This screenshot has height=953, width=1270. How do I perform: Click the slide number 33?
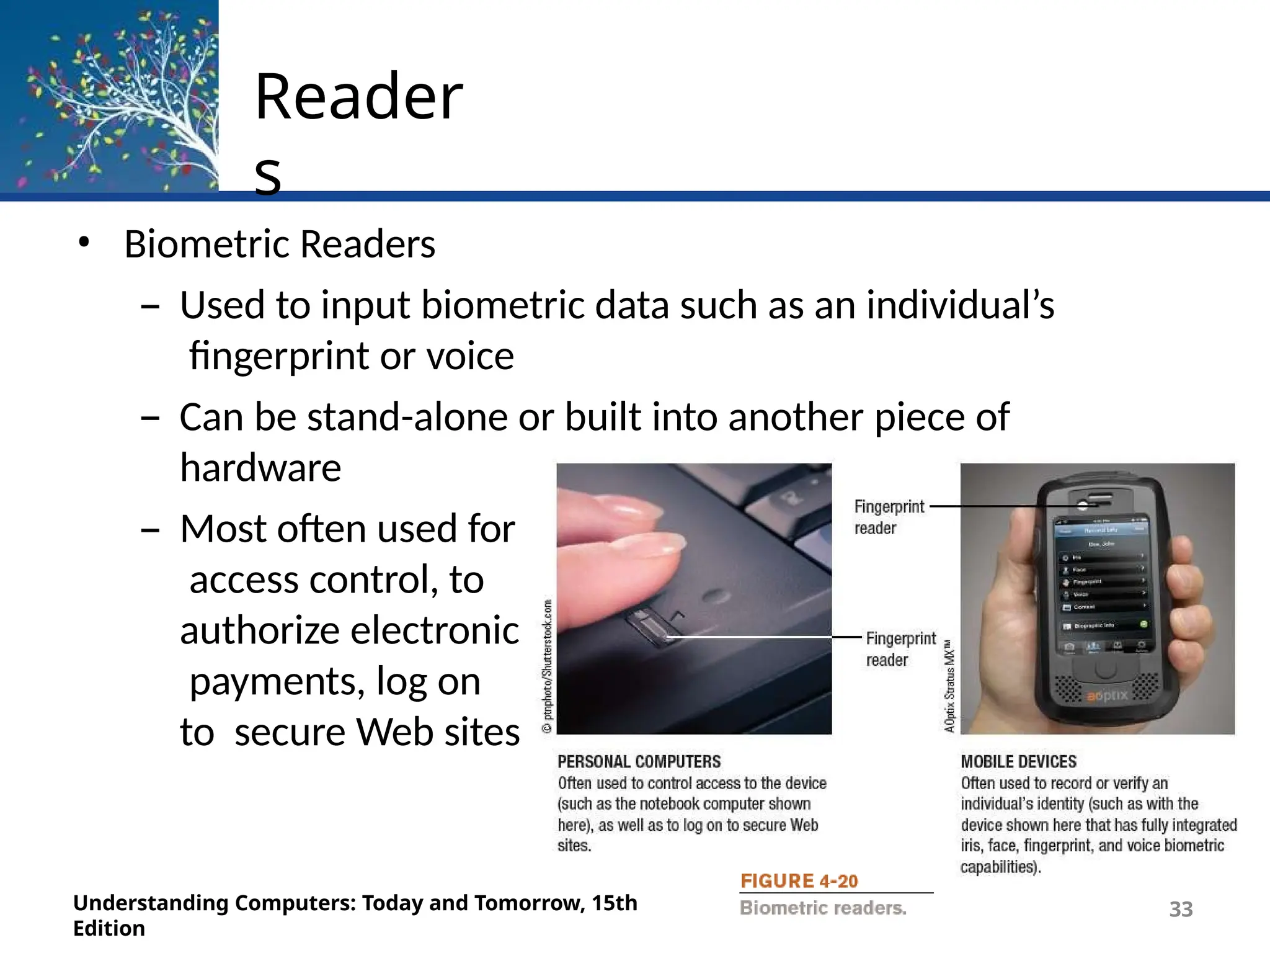(x=1181, y=909)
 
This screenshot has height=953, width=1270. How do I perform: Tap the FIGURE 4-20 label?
(x=799, y=881)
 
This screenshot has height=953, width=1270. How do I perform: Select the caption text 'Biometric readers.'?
(x=823, y=908)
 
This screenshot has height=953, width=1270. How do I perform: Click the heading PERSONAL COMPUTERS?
(x=639, y=761)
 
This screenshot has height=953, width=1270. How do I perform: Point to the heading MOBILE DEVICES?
(x=1018, y=761)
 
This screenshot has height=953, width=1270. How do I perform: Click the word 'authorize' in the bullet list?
(x=260, y=630)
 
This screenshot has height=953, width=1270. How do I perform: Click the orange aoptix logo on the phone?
(x=1107, y=696)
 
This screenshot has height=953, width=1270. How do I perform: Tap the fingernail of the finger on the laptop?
(x=664, y=544)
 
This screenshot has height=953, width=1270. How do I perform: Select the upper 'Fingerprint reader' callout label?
(x=888, y=517)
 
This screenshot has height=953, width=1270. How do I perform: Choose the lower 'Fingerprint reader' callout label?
(x=900, y=649)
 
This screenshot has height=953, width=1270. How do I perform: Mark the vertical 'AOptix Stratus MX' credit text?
(x=949, y=686)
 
